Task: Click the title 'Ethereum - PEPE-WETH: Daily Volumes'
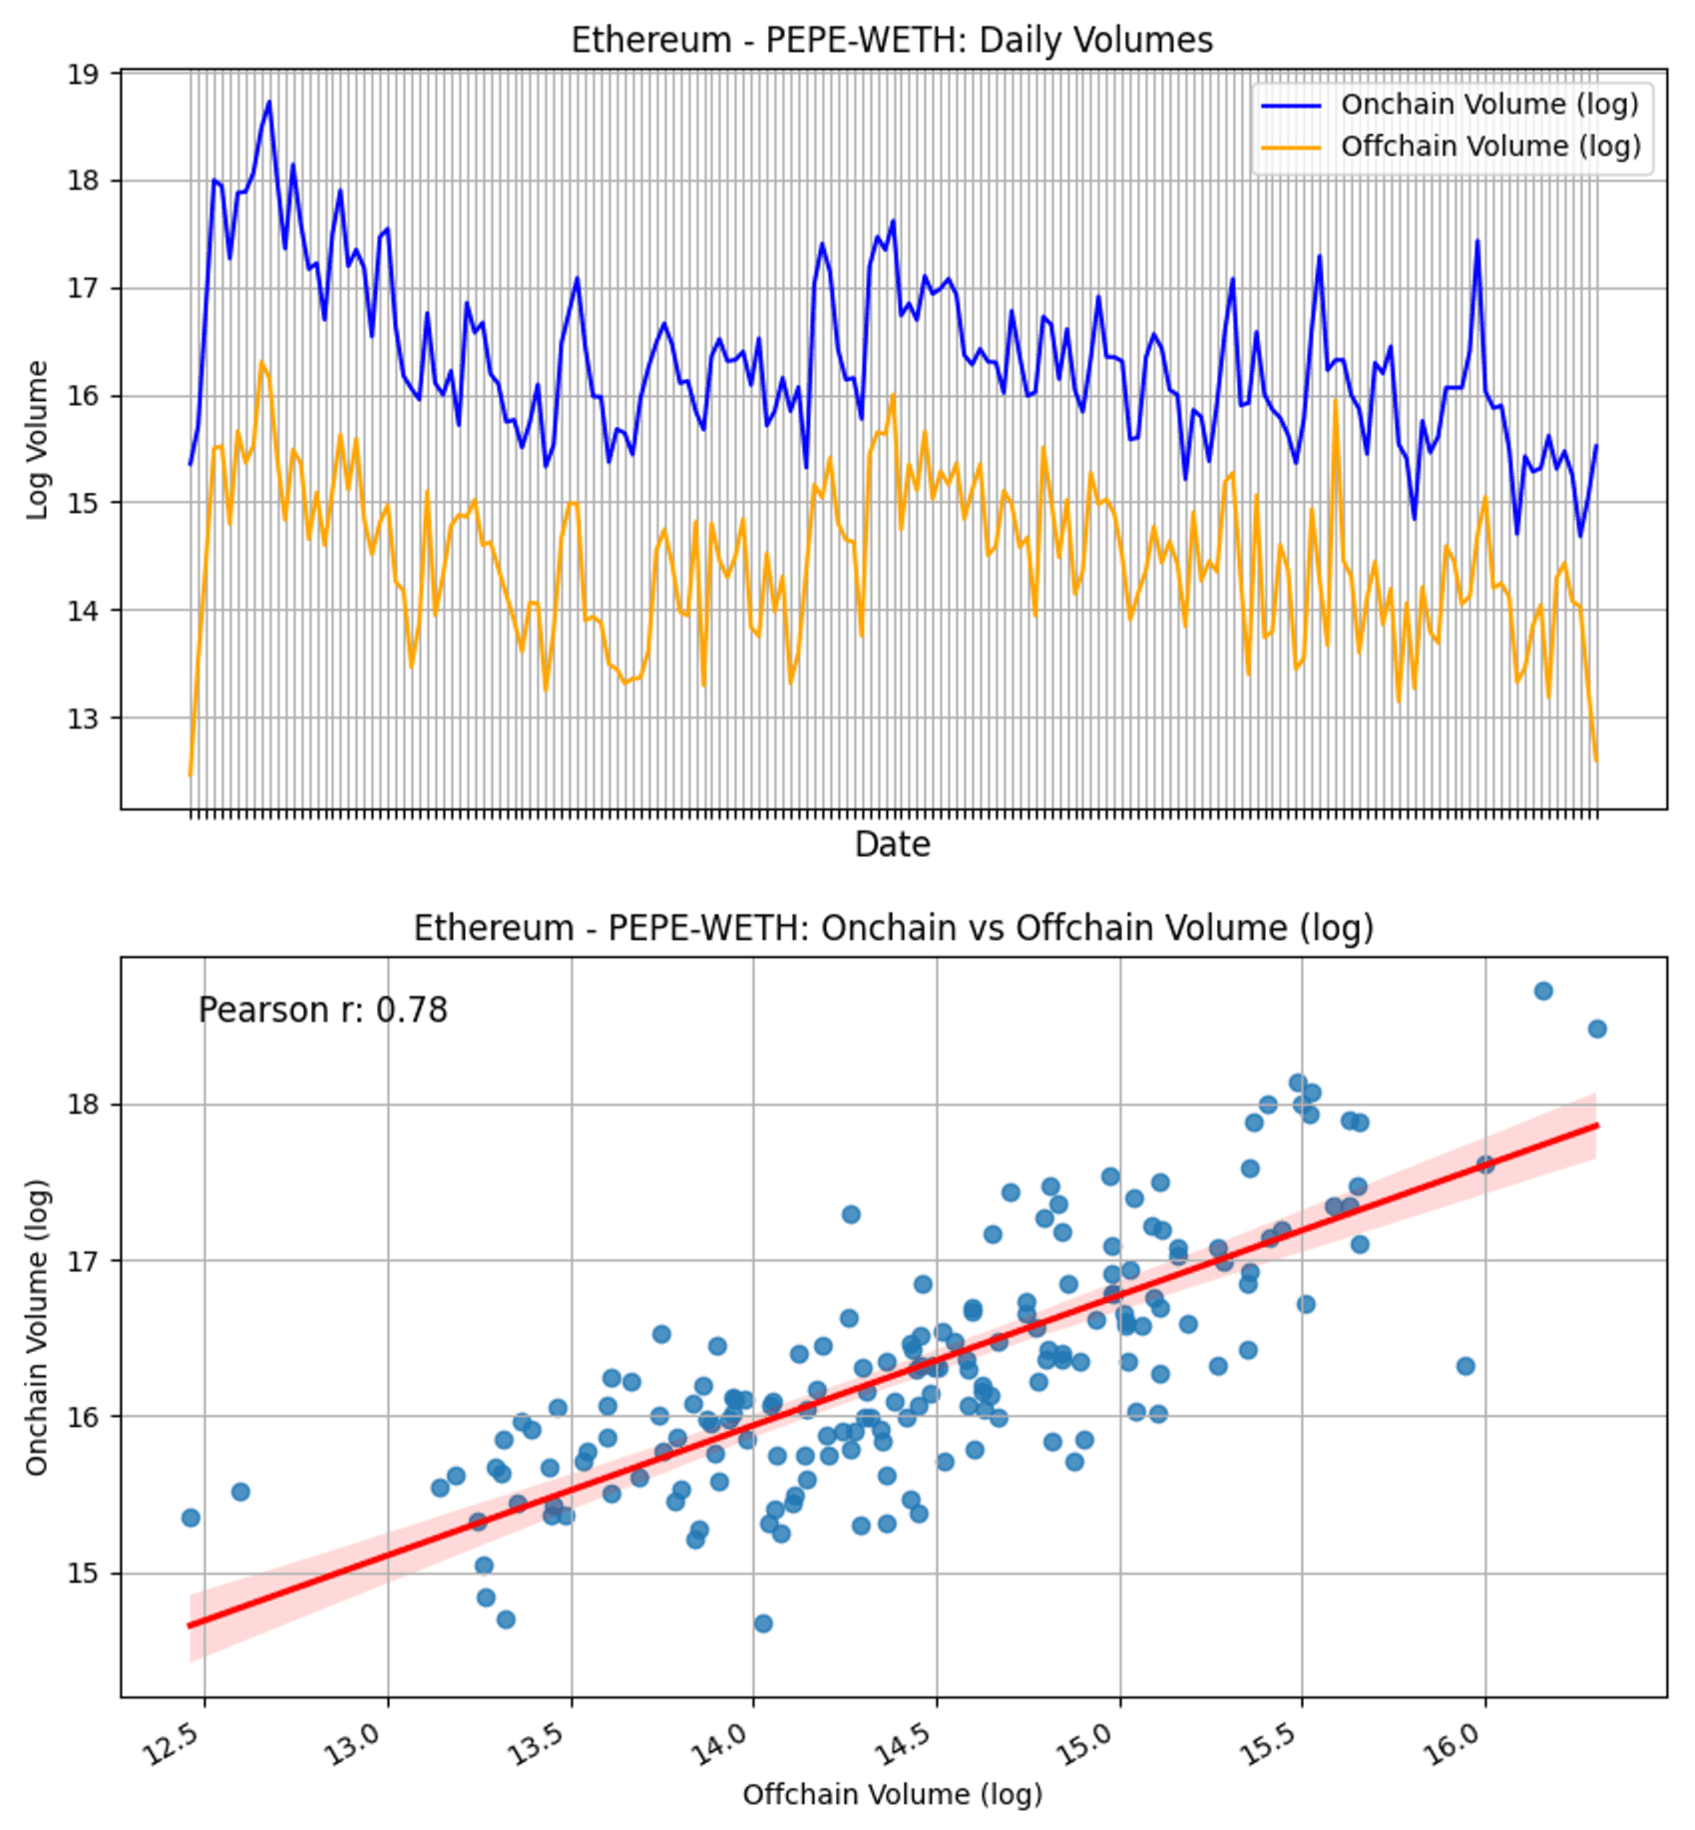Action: [891, 41]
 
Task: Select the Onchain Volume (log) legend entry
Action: [1488, 105]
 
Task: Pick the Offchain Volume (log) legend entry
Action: [1489, 147]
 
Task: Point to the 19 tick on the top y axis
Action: [84, 74]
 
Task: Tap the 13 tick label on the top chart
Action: [84, 718]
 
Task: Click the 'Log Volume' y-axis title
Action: [37, 440]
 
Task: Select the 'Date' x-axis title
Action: [892, 845]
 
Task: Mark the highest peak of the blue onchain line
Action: [268, 102]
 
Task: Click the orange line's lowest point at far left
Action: [190, 774]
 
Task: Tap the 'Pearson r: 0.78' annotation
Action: [322, 1010]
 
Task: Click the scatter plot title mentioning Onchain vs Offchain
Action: [893, 928]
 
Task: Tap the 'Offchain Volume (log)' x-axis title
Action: [892, 1794]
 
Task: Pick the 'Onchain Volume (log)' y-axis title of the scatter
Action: [37, 1326]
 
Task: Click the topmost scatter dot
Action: [1542, 991]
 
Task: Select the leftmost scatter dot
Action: [191, 1518]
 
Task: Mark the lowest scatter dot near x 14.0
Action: [763, 1623]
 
